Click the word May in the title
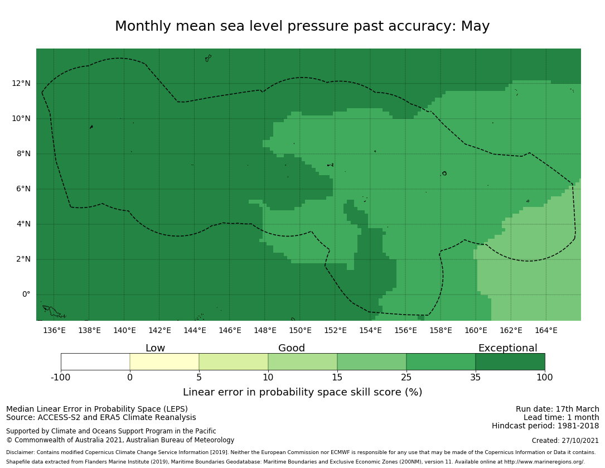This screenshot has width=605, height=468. tap(475, 27)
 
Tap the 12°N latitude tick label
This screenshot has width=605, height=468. tap(21, 84)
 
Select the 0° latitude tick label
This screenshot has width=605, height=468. tap(26, 295)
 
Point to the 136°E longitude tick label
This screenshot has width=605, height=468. tap(54, 330)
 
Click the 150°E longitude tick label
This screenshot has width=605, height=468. tap(300, 330)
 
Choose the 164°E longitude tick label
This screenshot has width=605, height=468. tap(546, 330)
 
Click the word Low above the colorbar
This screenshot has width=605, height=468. tap(155, 349)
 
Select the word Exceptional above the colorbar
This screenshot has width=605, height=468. tap(507, 349)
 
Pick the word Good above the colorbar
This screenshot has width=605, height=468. tap(292, 349)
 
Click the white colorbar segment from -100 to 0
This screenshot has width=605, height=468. tap(95, 361)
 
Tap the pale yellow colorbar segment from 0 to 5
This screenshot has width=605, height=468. tap(164, 361)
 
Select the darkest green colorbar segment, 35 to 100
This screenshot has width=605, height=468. tap(510, 361)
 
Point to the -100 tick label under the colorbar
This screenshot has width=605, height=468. tap(61, 378)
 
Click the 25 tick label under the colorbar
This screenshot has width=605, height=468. tap(406, 378)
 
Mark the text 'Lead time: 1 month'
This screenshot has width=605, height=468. tap(561, 418)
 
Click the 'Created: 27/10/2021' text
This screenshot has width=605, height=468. tap(565, 441)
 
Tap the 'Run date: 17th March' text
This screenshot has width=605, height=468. tap(557, 409)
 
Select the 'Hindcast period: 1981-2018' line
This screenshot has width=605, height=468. tap(545, 426)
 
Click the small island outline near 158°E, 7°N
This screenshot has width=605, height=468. tap(444, 173)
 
